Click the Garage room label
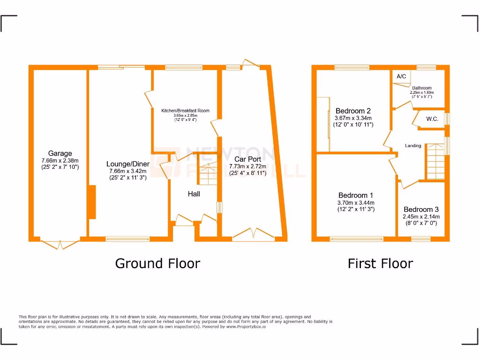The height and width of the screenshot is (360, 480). [60, 153]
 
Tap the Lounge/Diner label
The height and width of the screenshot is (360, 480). [127, 164]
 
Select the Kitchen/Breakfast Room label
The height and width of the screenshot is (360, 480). [185, 111]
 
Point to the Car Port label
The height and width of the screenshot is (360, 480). [247, 159]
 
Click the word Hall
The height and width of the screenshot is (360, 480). [194, 194]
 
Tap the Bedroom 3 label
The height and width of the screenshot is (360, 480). [421, 209]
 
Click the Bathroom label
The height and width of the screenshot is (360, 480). [422, 88]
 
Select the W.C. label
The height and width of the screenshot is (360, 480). [432, 119]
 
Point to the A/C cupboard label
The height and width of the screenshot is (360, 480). [401, 76]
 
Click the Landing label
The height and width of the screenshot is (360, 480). [413, 146]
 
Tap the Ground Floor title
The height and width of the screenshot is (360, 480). [157, 263]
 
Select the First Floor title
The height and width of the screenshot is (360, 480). [380, 263]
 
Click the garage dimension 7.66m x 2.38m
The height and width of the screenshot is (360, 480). [60, 160]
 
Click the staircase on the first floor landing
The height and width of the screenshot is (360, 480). [435, 162]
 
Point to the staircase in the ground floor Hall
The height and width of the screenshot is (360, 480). [206, 175]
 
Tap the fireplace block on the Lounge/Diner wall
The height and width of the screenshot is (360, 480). [92, 202]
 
